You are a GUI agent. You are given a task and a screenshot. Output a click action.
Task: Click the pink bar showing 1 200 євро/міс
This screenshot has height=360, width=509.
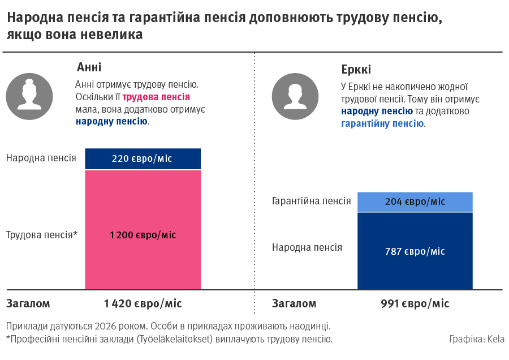tap(143, 234)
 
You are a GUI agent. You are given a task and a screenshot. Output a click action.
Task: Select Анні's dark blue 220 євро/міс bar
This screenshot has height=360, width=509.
tap(143, 159)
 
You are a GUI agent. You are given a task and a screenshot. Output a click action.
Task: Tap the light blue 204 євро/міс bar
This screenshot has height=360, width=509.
tap(415, 202)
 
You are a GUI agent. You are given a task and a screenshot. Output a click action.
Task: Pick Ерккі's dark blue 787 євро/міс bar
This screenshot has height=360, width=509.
tap(415, 251)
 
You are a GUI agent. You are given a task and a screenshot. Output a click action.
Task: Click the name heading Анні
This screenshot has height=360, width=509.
tap(89, 67)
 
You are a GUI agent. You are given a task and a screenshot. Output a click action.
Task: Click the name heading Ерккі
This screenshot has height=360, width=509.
tap(356, 70)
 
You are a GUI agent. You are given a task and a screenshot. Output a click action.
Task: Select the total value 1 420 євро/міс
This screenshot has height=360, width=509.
tap(143, 304)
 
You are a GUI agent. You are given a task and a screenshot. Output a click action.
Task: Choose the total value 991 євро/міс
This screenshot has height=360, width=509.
tap(415, 304)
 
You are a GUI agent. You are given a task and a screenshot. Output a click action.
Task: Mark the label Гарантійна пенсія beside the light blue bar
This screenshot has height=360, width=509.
tap(311, 202)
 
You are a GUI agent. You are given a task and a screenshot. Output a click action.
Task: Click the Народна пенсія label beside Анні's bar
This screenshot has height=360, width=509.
tap(41, 158)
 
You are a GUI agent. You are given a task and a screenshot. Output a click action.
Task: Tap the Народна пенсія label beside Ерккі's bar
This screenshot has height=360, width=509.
tap(307, 247)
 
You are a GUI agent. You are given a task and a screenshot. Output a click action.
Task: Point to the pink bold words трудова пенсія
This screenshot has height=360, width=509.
tap(156, 97)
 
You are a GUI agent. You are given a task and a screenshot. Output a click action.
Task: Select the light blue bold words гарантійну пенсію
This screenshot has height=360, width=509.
tap(382, 123)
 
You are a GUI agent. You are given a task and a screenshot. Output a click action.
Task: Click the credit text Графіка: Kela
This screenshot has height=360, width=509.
tap(477, 339)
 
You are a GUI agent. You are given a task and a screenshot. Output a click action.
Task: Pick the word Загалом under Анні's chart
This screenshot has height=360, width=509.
tap(28, 304)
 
